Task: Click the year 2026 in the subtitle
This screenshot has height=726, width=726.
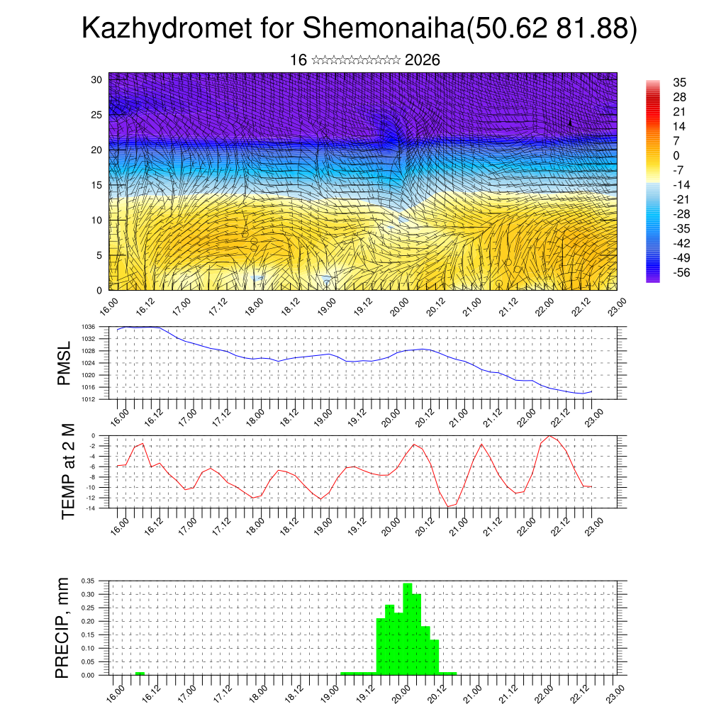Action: pos(423,60)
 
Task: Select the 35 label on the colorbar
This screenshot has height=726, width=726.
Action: pos(679,83)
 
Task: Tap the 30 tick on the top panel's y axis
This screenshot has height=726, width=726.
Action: pos(96,79)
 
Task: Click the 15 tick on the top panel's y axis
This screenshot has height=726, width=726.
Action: pos(96,185)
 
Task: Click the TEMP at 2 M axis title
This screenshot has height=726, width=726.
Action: pos(68,471)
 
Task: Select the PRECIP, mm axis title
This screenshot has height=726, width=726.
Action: pos(64,628)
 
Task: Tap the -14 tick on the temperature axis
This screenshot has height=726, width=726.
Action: pos(91,508)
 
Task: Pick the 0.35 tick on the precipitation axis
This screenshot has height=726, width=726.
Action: pos(88,581)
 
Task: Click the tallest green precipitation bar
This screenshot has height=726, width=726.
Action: pos(408,627)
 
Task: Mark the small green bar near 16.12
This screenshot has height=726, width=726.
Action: pos(140,673)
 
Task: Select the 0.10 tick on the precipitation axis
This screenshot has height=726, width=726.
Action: pos(88,648)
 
